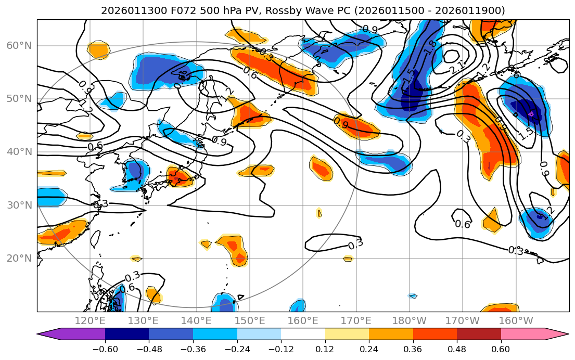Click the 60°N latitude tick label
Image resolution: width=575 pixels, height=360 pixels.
point(19,46)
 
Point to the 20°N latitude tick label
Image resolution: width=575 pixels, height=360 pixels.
point(19,259)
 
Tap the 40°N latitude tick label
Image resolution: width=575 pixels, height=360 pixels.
point(19,152)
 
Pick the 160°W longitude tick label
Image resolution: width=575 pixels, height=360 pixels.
point(516,320)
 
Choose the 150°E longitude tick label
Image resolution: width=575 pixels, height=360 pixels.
point(250,320)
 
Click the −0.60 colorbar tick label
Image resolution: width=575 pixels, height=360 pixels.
point(105,349)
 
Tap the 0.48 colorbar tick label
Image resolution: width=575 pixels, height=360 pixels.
point(457,349)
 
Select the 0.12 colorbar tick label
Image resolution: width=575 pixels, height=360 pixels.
point(325,349)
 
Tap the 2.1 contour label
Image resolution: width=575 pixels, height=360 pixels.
point(456,67)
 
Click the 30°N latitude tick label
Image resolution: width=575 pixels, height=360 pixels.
point(19,205)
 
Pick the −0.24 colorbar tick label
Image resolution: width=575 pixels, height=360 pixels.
point(237,349)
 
